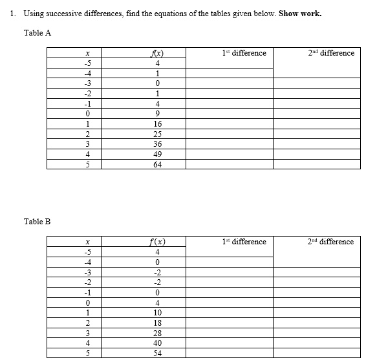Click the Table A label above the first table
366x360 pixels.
[x=37, y=33]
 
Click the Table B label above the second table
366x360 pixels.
[x=37, y=222]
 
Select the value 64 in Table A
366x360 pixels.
[x=158, y=164]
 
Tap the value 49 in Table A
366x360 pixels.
[x=158, y=154]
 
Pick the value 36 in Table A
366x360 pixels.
[x=158, y=143]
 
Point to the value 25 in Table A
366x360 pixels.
[x=158, y=133]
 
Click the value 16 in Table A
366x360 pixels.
[x=158, y=123]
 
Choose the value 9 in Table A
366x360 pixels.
[x=158, y=113]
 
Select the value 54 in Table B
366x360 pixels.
[x=158, y=354]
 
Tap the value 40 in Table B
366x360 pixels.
[x=158, y=343]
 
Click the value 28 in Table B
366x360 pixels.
[x=158, y=333]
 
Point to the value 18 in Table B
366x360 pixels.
[x=158, y=323]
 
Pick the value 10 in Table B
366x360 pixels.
[x=158, y=312]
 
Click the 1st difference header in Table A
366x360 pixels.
[x=244, y=53]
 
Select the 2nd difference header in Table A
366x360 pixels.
[x=331, y=53]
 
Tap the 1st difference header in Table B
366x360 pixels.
[x=244, y=242]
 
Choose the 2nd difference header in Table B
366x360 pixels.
[x=331, y=242]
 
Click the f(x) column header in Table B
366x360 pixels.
[x=158, y=242]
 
